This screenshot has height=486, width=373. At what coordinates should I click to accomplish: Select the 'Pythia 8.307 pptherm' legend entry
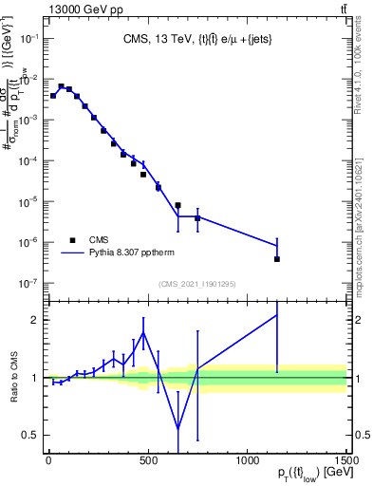pos(123,253)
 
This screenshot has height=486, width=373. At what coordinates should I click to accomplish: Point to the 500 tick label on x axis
pos(149,459)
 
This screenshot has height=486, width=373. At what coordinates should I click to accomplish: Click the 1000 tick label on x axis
pos(248,459)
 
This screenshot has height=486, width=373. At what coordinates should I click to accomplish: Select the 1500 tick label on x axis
pos(345,459)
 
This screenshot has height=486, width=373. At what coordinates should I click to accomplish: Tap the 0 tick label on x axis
pos(49,459)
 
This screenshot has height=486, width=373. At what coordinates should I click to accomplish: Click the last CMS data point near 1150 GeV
pos(276,259)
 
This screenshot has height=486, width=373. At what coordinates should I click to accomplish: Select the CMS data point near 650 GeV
pos(177,205)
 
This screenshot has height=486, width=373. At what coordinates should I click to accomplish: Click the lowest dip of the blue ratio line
pos(177,428)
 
